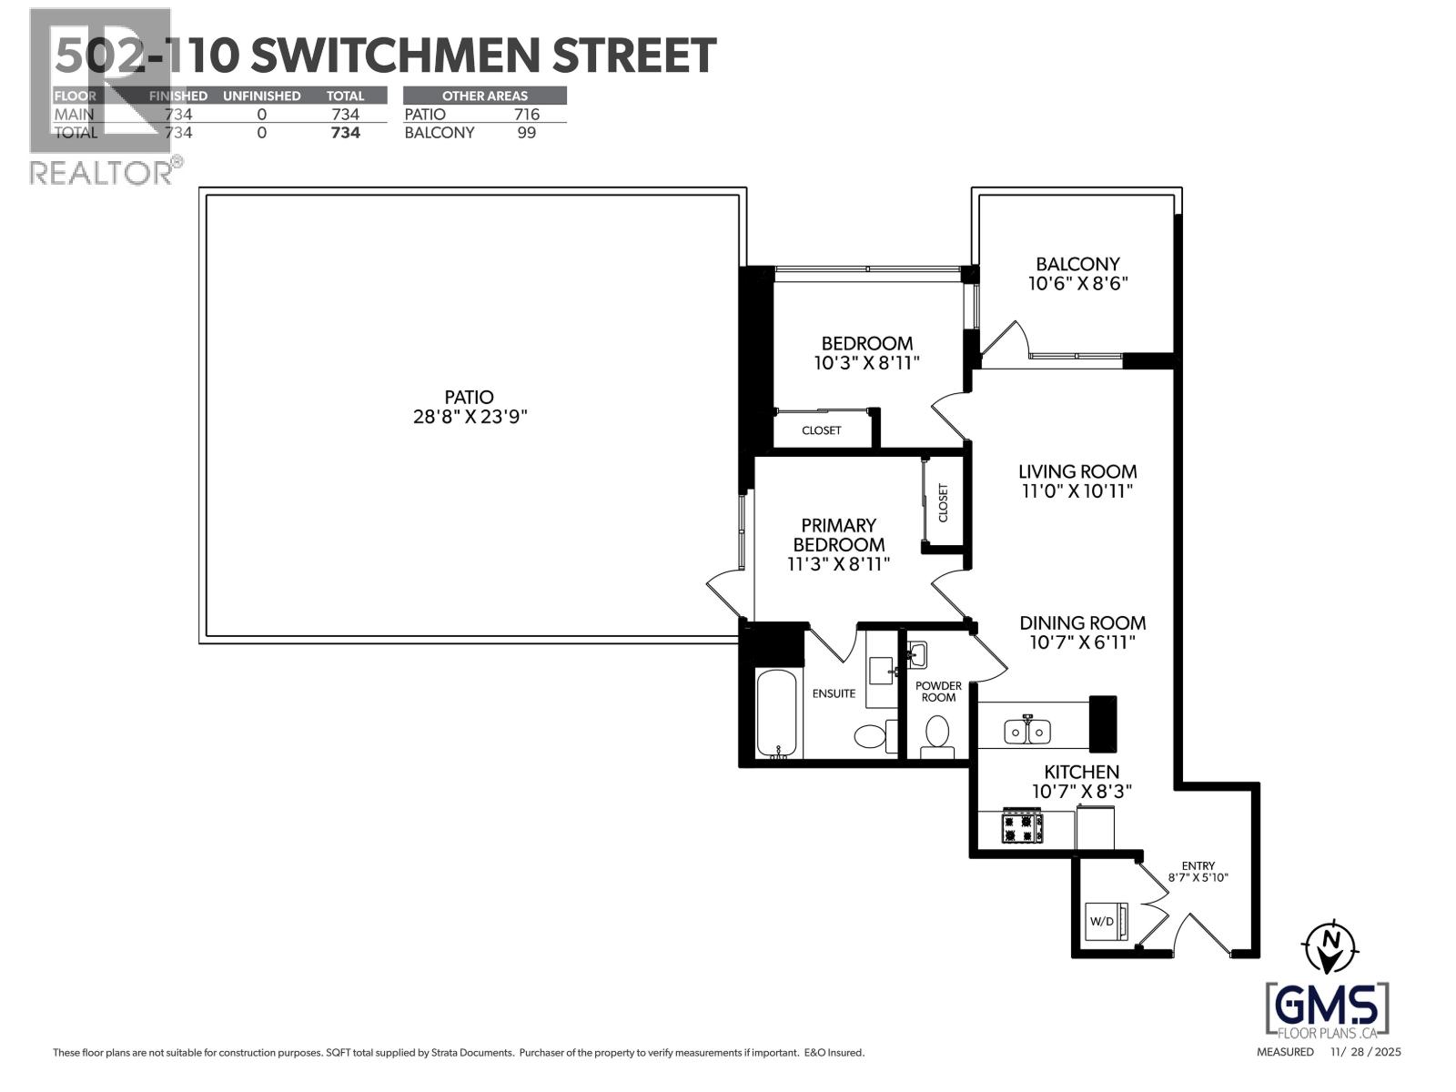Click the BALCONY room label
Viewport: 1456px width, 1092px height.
point(1077,264)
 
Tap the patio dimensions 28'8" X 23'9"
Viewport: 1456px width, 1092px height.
point(470,418)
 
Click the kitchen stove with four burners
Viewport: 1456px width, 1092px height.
point(1022,827)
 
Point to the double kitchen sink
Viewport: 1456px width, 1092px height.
point(1027,731)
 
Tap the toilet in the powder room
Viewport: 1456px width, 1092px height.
point(936,733)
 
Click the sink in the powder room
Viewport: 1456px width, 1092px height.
point(916,654)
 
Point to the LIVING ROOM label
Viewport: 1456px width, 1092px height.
point(1077,471)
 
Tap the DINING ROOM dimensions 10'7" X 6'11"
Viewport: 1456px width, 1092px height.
point(1082,642)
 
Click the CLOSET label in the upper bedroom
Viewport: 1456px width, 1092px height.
point(821,430)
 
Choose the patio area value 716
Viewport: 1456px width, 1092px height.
point(526,115)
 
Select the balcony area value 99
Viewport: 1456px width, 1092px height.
point(526,133)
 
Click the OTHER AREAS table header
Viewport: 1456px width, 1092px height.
point(484,96)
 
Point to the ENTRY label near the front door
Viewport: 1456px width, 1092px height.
point(1198,866)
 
